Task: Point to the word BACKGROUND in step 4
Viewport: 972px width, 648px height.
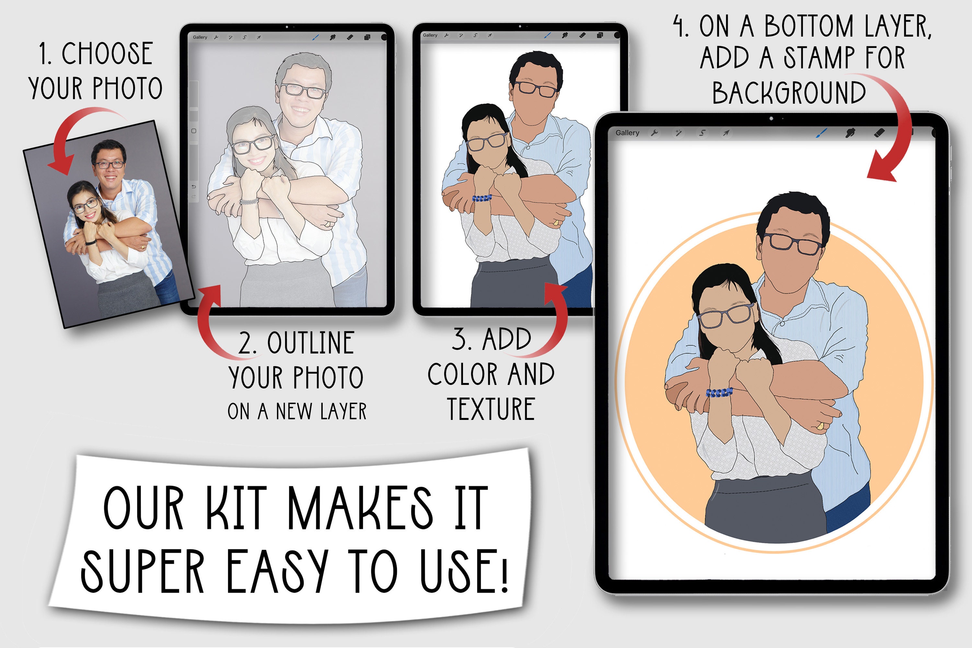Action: (x=789, y=93)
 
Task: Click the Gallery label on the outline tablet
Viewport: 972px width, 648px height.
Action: (x=200, y=37)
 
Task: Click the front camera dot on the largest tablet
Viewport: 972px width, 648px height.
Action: (x=771, y=119)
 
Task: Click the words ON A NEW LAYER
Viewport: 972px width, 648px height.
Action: (x=297, y=411)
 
